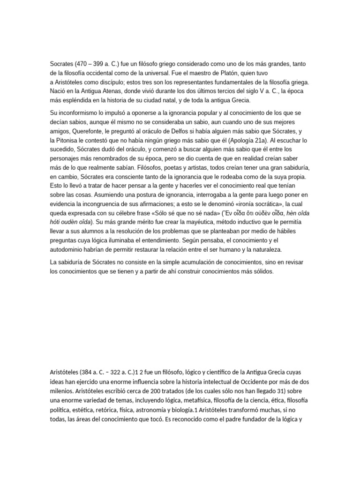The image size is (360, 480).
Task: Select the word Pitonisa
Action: pos(68,142)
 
